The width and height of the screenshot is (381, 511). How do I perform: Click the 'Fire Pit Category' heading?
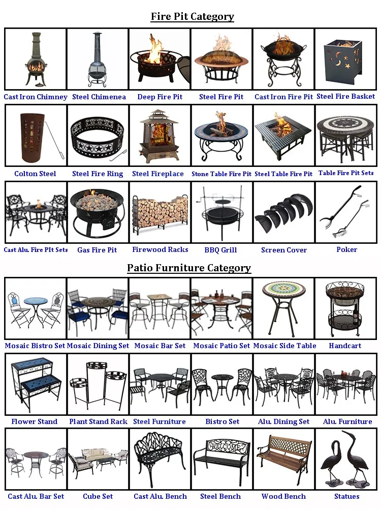[x=193, y=16]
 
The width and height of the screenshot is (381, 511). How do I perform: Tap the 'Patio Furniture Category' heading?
[x=189, y=268]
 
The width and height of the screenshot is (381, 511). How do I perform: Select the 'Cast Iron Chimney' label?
[x=36, y=97]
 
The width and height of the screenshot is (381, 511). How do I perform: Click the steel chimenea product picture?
[x=97, y=60]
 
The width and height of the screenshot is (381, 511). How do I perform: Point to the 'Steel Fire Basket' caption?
[x=346, y=96]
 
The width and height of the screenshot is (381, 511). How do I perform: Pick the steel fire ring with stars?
[x=98, y=137]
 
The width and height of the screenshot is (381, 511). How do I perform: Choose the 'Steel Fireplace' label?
[x=158, y=174]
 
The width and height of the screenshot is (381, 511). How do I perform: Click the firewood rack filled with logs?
[x=160, y=213]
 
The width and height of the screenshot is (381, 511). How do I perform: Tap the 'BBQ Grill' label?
[x=220, y=250]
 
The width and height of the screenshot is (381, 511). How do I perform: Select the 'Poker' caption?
[x=347, y=249]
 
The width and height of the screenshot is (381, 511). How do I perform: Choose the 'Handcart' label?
[x=345, y=346]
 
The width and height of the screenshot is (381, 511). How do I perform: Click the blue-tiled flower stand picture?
[x=36, y=385]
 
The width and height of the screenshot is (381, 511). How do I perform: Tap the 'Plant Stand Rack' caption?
[x=98, y=421]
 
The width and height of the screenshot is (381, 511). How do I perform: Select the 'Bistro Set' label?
[x=222, y=421]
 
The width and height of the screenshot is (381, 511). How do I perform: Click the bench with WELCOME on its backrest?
[x=222, y=459]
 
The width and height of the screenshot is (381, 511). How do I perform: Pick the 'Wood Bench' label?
[x=283, y=496]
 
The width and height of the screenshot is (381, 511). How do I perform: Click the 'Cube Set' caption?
[x=98, y=496]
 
